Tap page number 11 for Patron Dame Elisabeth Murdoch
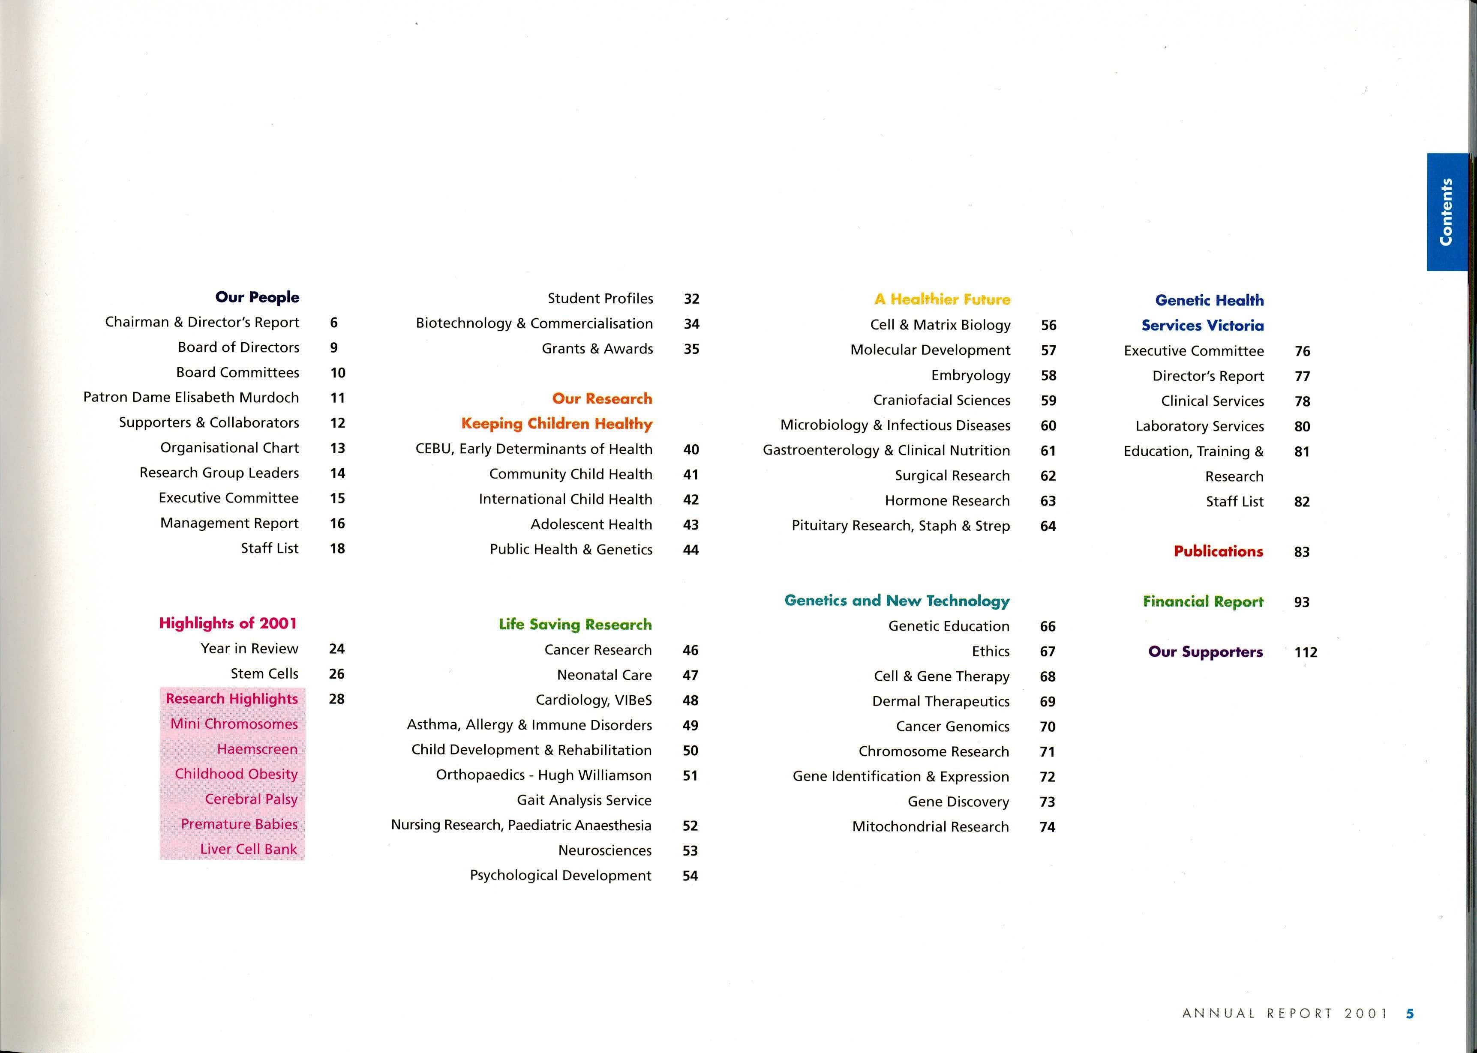pyautogui.click(x=337, y=398)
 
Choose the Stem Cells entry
pyautogui.click(x=264, y=674)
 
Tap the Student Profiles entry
pyautogui.click(x=600, y=298)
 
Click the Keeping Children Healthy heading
pyautogui.click(x=556, y=423)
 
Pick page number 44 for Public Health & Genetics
pyautogui.click(x=691, y=550)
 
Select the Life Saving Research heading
pyautogui.click(x=575, y=625)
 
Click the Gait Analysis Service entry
pyautogui.click(x=584, y=800)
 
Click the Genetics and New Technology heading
pyautogui.click(x=897, y=601)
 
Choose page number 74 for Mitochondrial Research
pyautogui.click(x=1047, y=827)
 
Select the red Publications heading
pyautogui.click(x=1218, y=551)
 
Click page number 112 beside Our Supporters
pyautogui.click(x=1305, y=652)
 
